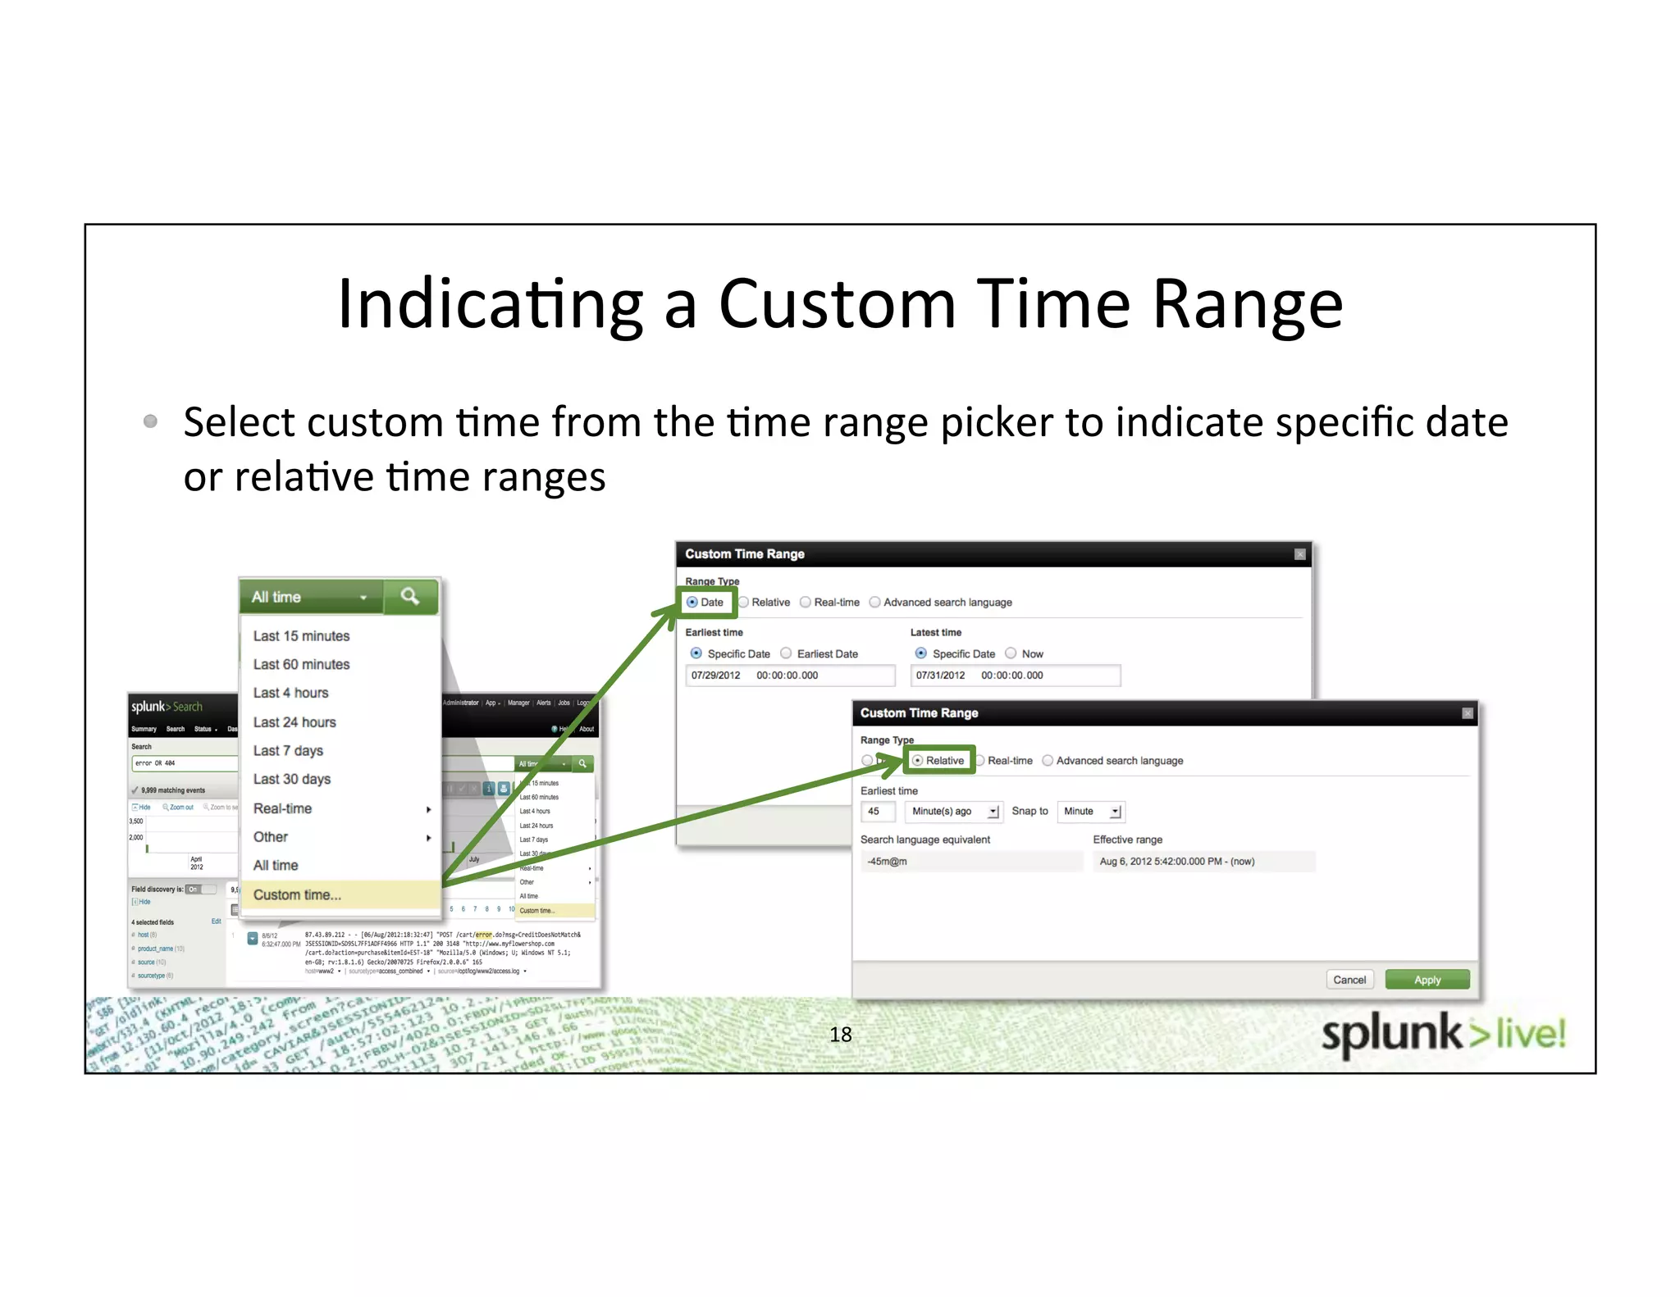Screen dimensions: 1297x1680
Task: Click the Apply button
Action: click(x=1427, y=980)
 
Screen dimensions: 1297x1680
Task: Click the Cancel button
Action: click(x=1349, y=980)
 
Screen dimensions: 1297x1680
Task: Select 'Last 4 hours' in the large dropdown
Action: click(x=290, y=693)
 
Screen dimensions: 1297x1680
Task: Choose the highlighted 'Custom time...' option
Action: click(x=297, y=894)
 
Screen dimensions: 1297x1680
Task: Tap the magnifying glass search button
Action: click(x=410, y=596)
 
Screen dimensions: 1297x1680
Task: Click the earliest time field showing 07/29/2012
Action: click(x=789, y=676)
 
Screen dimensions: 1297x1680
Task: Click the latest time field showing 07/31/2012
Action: click(x=1014, y=676)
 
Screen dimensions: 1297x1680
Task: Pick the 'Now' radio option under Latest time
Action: click(x=1011, y=653)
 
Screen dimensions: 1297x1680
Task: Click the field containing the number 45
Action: click(x=876, y=812)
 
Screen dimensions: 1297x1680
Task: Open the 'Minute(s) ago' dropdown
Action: click(x=953, y=812)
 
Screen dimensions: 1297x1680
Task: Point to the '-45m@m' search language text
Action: click(x=888, y=862)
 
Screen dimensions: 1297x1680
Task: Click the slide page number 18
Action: click(x=840, y=1035)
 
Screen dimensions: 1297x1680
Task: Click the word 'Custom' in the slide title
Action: click(x=837, y=304)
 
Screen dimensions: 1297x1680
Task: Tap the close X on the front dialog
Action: click(x=1468, y=713)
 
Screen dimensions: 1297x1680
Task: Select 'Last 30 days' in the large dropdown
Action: click(x=292, y=779)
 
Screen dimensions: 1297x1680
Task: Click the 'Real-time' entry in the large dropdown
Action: click(x=283, y=808)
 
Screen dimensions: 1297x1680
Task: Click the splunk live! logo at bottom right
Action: click(x=1443, y=1034)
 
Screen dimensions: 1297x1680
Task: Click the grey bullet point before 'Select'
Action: click(x=150, y=421)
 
